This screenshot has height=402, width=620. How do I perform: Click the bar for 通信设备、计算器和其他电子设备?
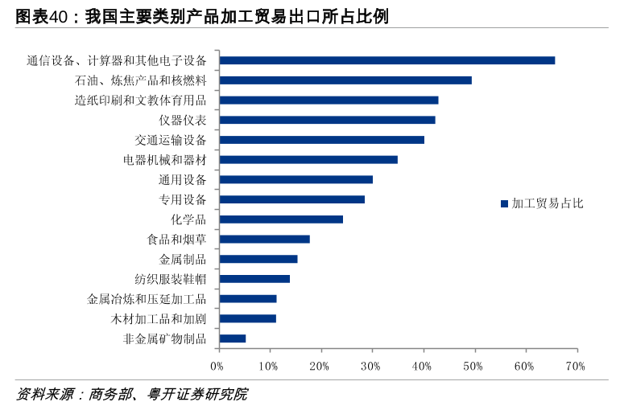coord(386,60)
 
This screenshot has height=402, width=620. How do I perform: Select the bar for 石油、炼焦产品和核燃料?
coord(345,80)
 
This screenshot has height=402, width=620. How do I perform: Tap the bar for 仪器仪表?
coord(327,120)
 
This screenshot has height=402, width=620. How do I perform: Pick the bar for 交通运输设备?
coord(321,140)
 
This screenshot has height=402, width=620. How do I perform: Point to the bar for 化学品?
coord(281,219)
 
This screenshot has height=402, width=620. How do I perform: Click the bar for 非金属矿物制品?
coord(233,338)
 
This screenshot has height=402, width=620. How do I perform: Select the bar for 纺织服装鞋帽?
coord(254,279)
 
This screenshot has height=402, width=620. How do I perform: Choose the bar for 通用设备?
coord(296,179)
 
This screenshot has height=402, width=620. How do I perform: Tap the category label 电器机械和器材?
coord(164,160)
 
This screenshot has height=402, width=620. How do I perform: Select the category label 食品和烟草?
coord(176,240)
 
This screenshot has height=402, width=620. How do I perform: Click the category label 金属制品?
coord(183,259)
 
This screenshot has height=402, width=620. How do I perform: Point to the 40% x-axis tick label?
coord(422,367)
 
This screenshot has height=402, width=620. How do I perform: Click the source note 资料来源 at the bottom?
coord(45,394)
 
